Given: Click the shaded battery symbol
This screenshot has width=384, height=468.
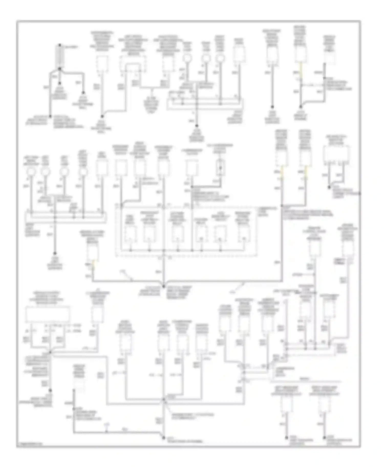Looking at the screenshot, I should click(60, 57).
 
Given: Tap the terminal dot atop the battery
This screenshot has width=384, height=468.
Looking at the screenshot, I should click(60, 45).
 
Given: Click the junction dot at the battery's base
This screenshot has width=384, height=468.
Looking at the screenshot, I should click(60, 69).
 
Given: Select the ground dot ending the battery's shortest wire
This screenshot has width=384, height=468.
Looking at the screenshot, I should click(60, 83).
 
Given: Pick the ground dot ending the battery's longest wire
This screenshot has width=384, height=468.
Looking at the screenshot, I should click(50, 116).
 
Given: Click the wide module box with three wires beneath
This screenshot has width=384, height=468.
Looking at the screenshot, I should click(48, 314).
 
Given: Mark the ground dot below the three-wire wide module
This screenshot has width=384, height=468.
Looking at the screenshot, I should click(50, 391).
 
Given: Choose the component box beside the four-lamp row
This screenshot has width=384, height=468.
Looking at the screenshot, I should click(102, 168).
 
